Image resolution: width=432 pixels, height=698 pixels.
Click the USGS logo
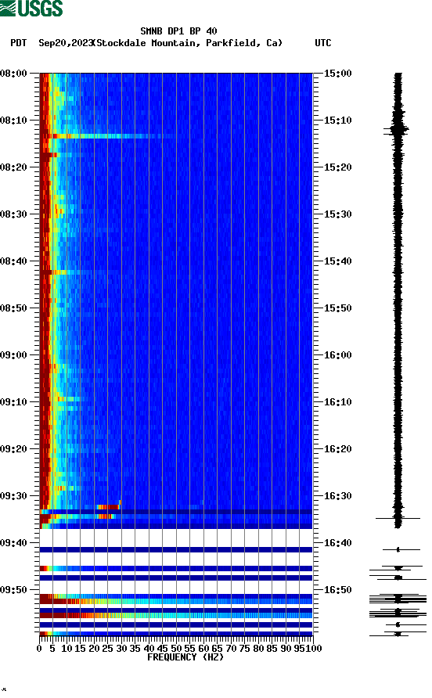31,9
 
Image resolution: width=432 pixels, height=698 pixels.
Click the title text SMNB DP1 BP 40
178,31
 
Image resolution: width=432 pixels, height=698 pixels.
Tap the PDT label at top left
19,43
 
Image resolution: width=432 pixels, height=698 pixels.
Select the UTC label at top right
322,43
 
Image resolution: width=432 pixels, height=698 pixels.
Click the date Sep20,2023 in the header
65,43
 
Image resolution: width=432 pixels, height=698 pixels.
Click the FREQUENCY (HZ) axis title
185,657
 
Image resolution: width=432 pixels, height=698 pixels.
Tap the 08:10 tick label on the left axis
15,121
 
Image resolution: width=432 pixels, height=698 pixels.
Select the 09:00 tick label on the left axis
15,355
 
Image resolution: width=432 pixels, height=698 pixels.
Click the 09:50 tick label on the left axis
15,590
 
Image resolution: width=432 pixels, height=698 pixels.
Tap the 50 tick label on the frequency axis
176,649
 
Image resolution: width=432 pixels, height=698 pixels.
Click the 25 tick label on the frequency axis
107,649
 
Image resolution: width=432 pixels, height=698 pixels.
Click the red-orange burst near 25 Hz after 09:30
107,507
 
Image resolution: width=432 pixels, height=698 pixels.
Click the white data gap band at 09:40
176,538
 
